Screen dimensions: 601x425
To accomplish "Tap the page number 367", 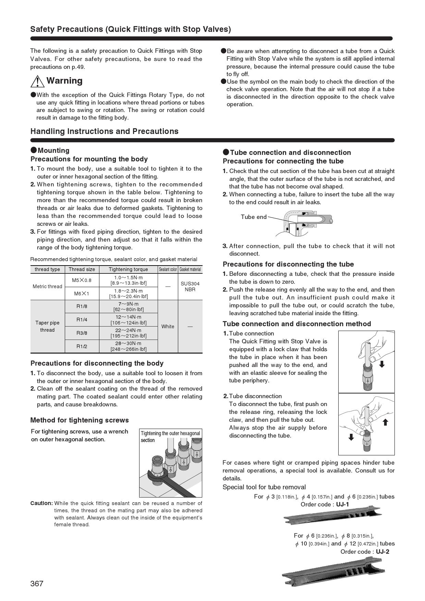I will pyautogui.click(x=37, y=584).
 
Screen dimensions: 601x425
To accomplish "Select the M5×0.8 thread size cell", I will pyautogui.click(x=82, y=280).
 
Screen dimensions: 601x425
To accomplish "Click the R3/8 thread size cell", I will pyautogui.click(x=82, y=333).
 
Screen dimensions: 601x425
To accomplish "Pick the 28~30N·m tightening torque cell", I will pyautogui.click(x=128, y=346).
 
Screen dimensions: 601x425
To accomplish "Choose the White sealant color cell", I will pyautogui.click(x=168, y=327).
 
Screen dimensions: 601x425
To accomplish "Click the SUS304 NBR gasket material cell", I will pyautogui.click(x=190, y=286).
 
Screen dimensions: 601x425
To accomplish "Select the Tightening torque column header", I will pyautogui.click(x=128, y=269).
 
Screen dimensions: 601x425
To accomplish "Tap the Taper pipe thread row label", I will pyautogui.click(x=47, y=326).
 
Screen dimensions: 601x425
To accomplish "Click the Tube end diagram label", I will pyautogui.click(x=253, y=217).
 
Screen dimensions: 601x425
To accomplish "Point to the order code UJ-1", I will pyautogui.click(x=342, y=504).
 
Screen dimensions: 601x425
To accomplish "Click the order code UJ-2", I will pyautogui.click(x=382, y=552).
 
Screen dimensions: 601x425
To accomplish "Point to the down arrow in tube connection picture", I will pyautogui.click(x=382, y=364).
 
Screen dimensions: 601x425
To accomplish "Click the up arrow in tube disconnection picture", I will pyautogui.click(x=385, y=422).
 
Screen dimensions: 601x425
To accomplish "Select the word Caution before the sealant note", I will pyautogui.click(x=41, y=503).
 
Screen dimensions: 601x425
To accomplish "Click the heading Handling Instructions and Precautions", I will pyautogui.click(x=104, y=131).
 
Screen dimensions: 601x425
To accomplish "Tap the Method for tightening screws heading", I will pyautogui.click(x=80, y=420).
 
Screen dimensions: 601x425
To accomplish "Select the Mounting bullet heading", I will pyautogui.click(x=53, y=150).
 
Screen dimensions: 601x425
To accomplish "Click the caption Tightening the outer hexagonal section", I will pyautogui.click(x=170, y=437).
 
